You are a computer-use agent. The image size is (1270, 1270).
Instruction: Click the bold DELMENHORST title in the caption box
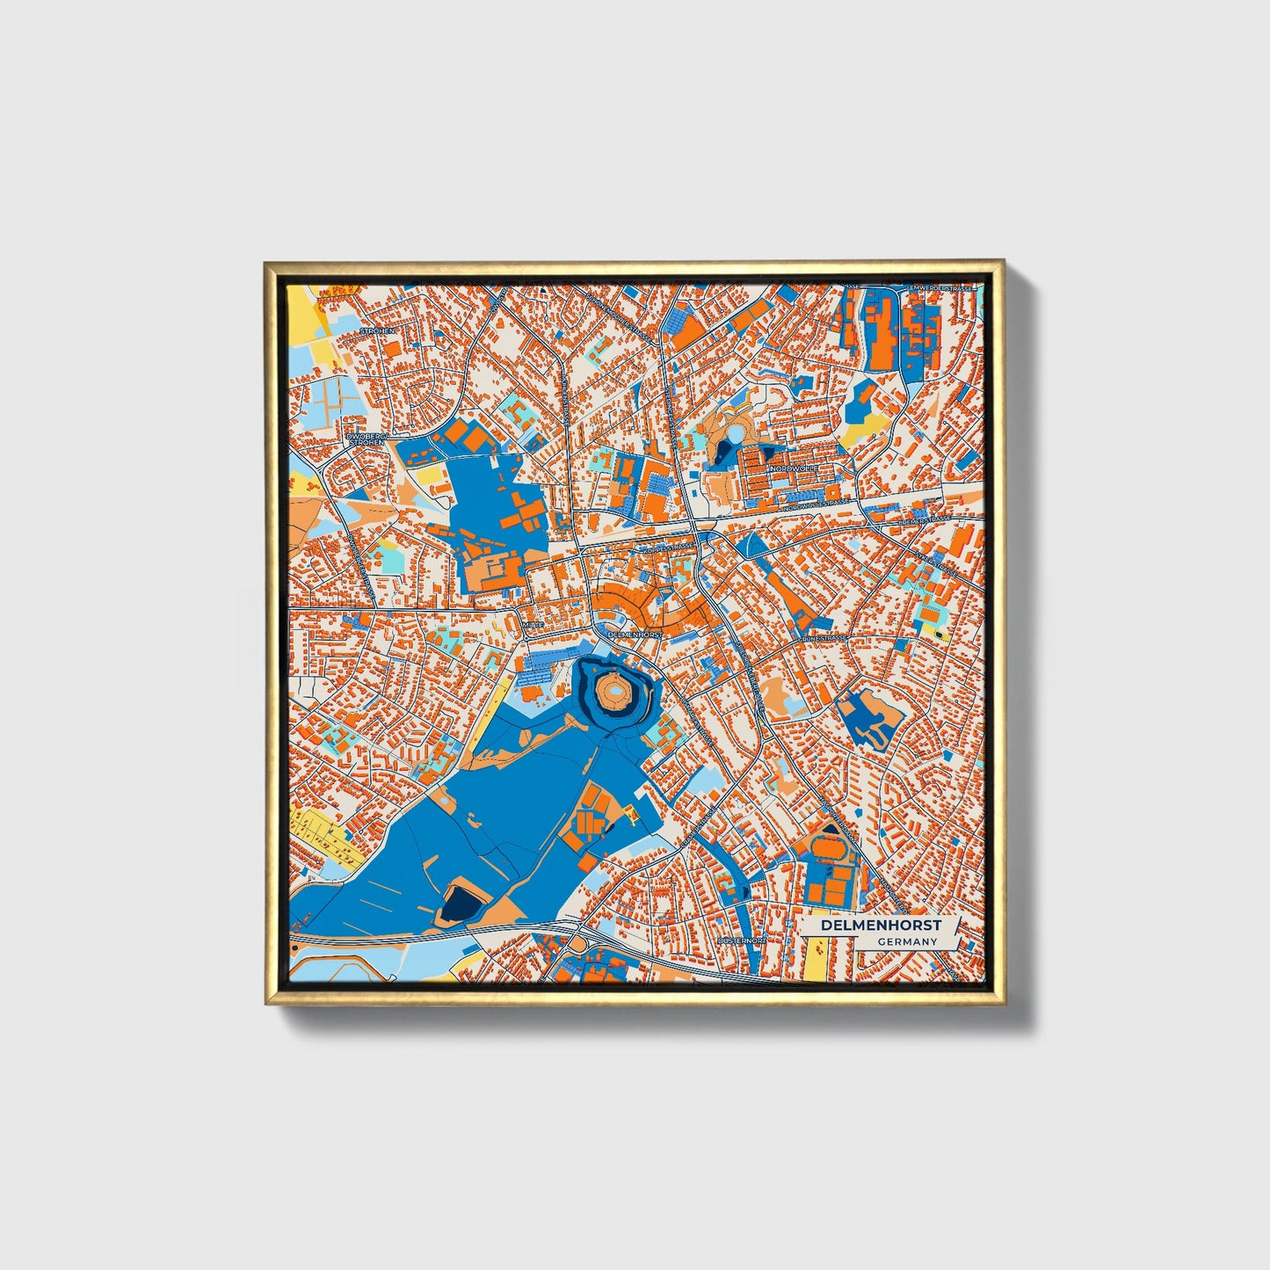(x=882, y=925)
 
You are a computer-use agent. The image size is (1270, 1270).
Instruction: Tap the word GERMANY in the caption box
(x=907, y=941)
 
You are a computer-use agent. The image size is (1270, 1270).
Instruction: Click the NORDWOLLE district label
(x=794, y=469)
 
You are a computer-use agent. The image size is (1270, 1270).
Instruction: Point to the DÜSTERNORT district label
(x=742, y=940)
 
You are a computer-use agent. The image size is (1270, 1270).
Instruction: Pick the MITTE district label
(x=533, y=624)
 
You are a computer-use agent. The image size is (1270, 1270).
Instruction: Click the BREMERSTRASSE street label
(x=925, y=520)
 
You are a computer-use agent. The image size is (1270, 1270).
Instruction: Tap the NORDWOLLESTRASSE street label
(x=817, y=504)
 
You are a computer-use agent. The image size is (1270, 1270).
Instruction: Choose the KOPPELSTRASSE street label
(x=669, y=548)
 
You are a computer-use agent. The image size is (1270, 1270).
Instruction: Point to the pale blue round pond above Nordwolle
(x=734, y=434)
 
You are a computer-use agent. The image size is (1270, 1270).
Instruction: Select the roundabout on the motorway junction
(x=577, y=944)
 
